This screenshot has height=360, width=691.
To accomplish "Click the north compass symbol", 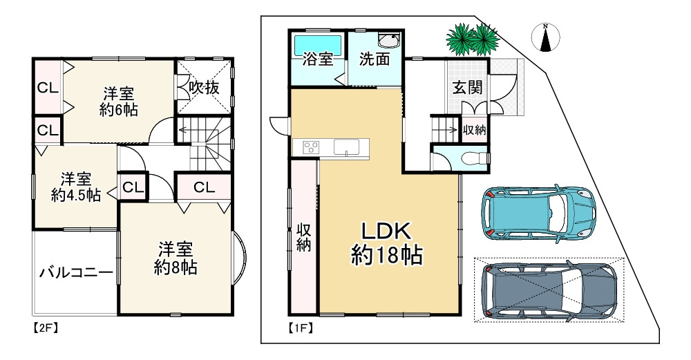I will click(546, 38).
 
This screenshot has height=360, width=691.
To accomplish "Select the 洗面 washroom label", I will click(374, 59).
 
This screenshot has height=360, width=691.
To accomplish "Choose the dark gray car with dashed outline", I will click(549, 290).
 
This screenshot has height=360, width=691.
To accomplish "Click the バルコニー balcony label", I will click(75, 272).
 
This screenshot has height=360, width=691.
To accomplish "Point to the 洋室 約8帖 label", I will click(175, 258).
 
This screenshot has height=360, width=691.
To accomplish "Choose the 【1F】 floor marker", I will click(298, 330).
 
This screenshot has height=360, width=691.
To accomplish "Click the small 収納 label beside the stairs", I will click(473, 129).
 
